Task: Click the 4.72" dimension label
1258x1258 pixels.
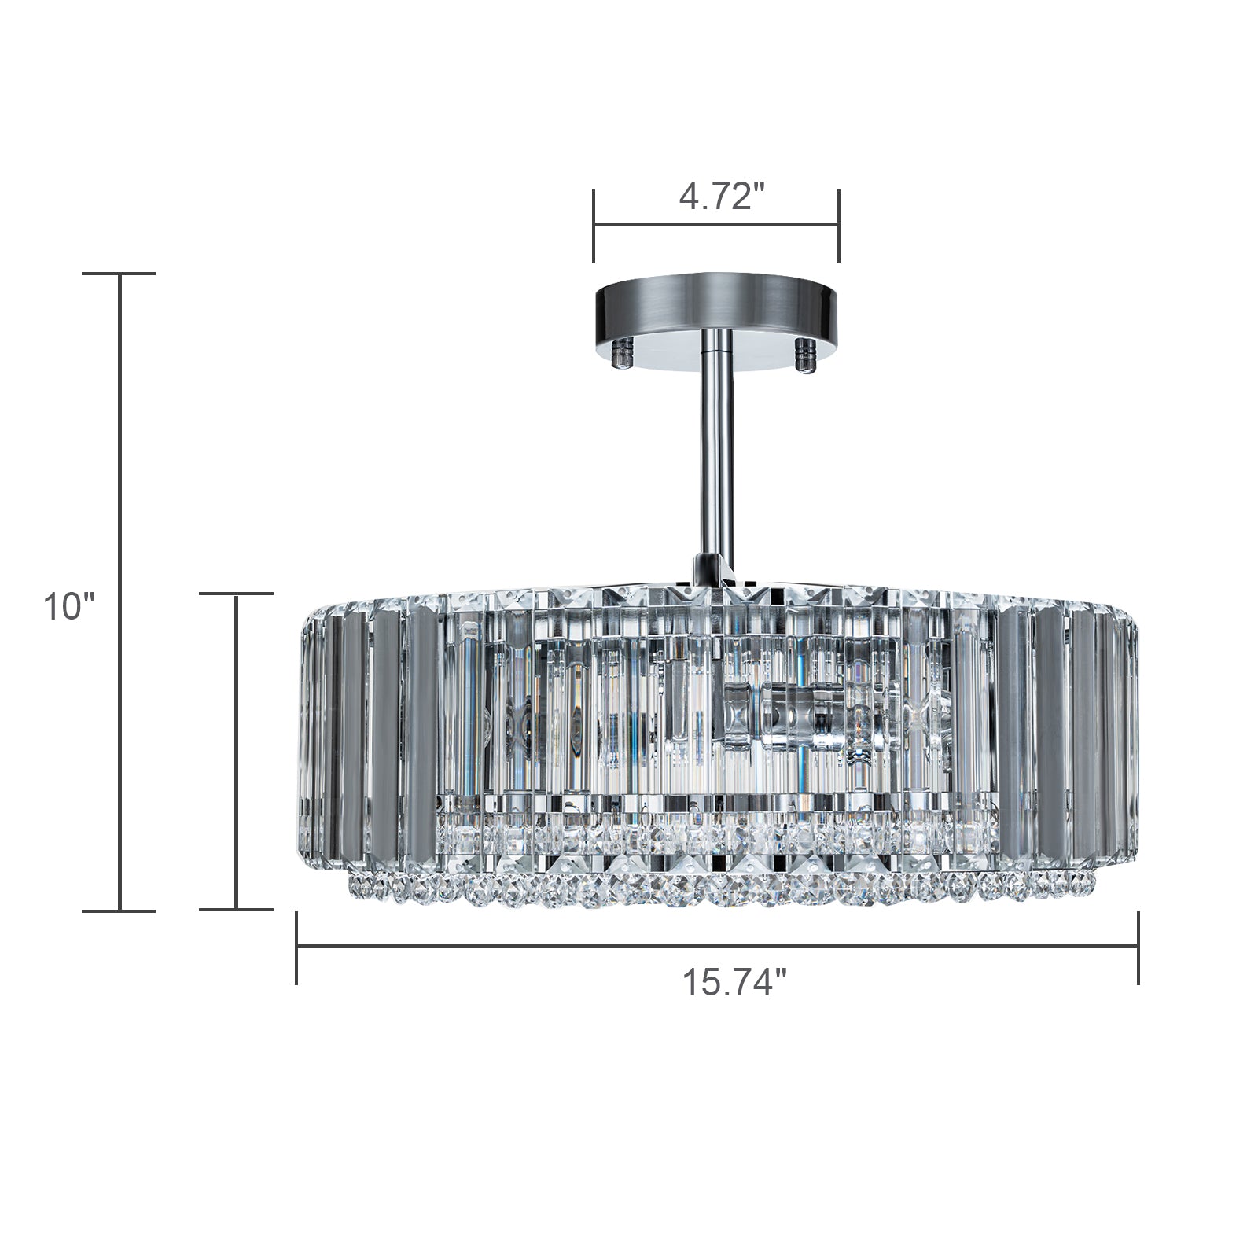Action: [722, 197]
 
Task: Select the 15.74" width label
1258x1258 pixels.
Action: [734, 983]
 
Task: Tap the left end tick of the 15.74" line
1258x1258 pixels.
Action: [296, 947]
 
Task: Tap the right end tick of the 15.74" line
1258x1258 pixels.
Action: [1138, 947]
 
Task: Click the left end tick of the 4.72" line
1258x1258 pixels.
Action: [594, 226]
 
